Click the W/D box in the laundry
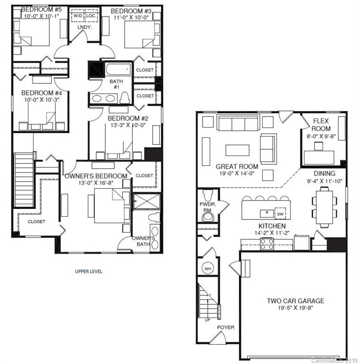[x=77, y=17]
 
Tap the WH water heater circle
[x=207, y=269]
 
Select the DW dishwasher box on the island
[x=281, y=214]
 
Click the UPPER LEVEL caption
[x=89, y=272]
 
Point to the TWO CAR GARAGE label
[x=295, y=300]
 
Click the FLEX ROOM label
[x=321, y=125]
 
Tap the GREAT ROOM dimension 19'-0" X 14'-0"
[x=237, y=173]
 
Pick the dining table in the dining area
[x=325, y=201]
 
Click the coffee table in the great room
[x=237, y=150]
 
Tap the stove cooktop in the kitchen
[x=266, y=244]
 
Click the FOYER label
[x=226, y=328]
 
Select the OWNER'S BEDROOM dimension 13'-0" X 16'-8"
[x=95, y=183]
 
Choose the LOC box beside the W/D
[x=91, y=17]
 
